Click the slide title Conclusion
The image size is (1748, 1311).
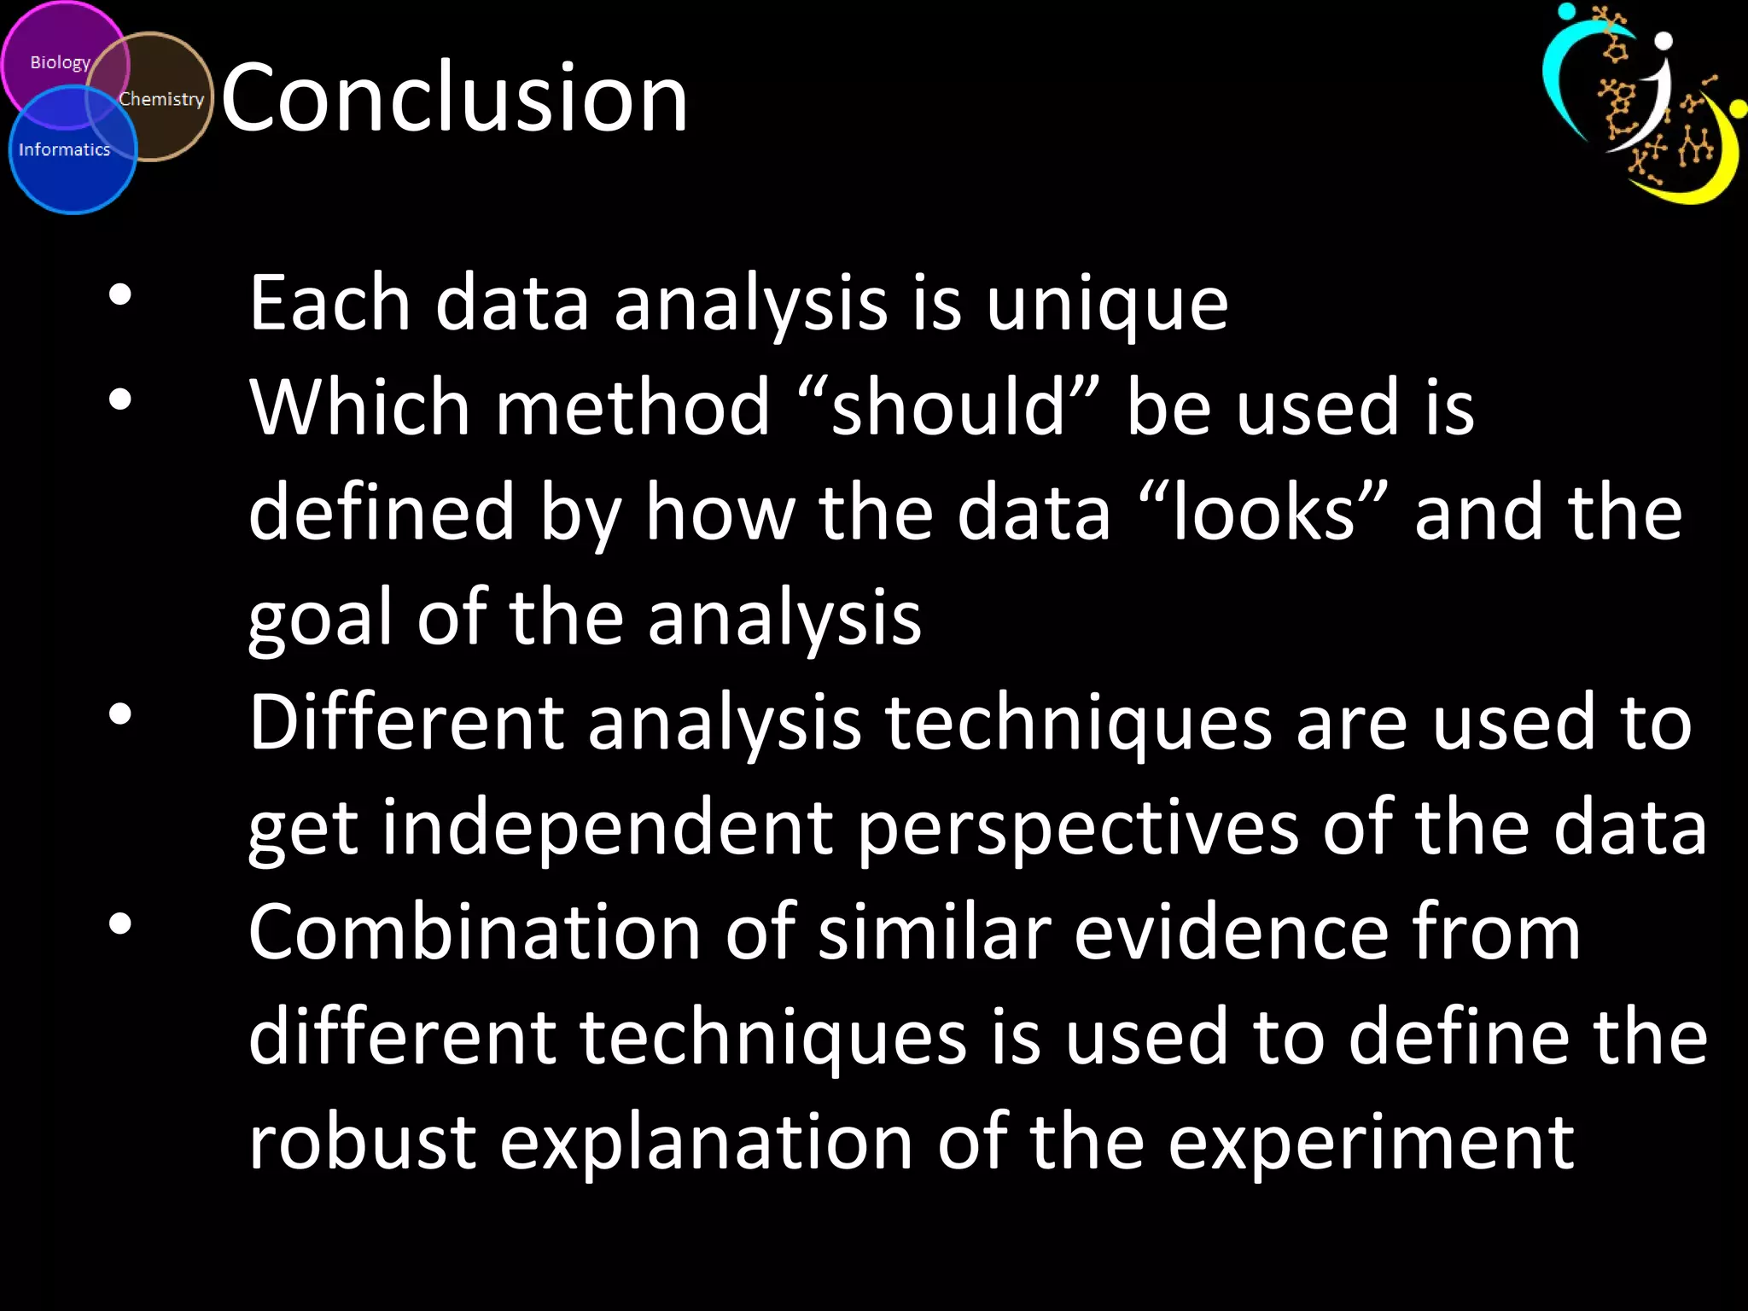coord(454,98)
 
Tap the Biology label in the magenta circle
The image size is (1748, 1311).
coord(60,62)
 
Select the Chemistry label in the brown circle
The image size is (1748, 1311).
coord(161,99)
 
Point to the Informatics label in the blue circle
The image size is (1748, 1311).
coord(65,149)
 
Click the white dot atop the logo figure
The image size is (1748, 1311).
coord(1663,41)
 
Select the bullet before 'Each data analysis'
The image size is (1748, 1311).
coord(120,295)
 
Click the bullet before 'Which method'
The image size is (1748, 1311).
coord(120,399)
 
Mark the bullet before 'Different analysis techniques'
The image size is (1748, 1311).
coord(120,714)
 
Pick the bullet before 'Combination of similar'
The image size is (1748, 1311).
coord(120,924)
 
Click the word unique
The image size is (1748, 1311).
coord(1107,304)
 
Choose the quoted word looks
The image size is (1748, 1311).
coord(1263,512)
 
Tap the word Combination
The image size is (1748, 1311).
coord(475,933)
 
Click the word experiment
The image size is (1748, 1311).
coord(1371,1144)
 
